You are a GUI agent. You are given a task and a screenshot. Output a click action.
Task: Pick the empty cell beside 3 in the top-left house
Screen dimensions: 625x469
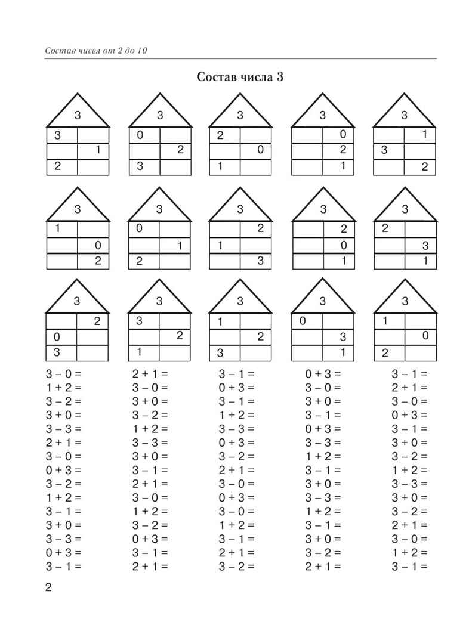coord(94,135)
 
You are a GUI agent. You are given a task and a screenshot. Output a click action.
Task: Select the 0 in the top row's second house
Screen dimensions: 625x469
coord(140,135)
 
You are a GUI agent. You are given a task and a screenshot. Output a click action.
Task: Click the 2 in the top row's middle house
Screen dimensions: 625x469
coord(220,135)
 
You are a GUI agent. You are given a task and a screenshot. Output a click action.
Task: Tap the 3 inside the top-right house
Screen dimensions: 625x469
coord(385,151)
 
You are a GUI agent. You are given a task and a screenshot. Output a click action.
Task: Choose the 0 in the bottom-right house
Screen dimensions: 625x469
coord(425,336)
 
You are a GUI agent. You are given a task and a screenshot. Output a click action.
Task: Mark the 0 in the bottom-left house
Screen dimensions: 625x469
coord(58,336)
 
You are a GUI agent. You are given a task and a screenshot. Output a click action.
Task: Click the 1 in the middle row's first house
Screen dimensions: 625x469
coord(58,228)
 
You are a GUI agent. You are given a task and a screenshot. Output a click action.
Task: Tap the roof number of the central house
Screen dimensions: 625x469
coord(240,209)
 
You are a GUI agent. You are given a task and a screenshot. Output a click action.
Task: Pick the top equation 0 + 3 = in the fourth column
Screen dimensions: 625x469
coord(323,374)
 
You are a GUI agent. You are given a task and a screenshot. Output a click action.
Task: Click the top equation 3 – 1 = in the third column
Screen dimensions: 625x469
coord(236,374)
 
